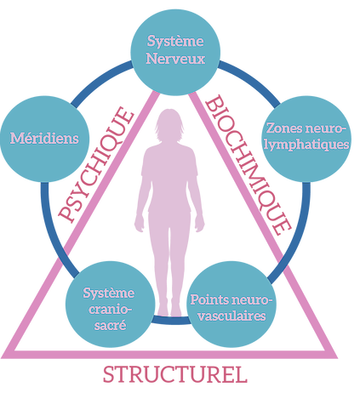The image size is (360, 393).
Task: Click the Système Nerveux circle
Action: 175,52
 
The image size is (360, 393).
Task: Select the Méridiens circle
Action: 44,139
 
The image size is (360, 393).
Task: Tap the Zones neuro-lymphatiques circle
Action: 306,139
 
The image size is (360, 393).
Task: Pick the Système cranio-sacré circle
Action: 110,304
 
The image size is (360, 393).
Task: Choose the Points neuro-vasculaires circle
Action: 231,304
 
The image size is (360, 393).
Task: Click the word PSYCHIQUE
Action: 96,164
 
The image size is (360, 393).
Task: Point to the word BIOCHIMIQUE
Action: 248,165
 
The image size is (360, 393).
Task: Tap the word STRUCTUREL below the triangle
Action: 175,374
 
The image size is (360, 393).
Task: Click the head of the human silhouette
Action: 169,125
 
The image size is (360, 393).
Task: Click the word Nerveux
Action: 175,59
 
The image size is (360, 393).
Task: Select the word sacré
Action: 110,325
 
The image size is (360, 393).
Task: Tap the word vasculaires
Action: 231,316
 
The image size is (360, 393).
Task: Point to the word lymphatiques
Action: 306,145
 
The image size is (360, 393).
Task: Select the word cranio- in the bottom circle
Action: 111,310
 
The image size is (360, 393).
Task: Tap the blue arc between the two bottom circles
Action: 171,321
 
